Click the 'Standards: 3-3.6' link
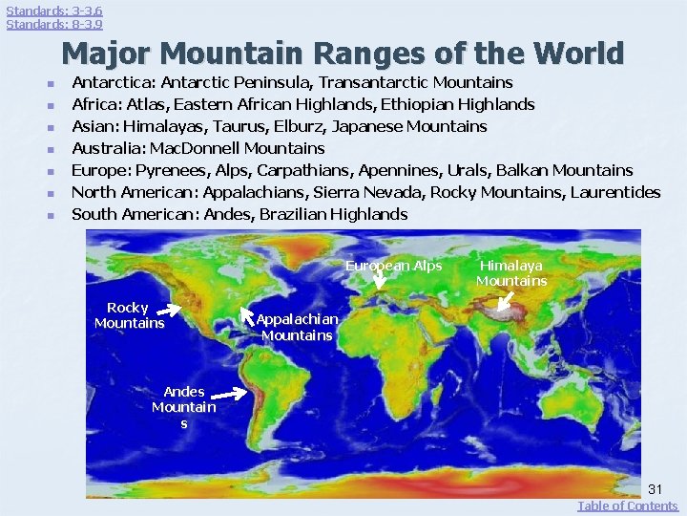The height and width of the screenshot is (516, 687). (54, 10)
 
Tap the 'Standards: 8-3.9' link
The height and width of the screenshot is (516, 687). (54, 24)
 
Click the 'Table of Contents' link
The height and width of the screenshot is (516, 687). (627, 505)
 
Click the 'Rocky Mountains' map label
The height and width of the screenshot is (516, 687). (129, 315)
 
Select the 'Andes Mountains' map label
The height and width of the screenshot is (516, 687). (183, 407)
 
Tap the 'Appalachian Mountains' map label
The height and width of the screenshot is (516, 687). (297, 327)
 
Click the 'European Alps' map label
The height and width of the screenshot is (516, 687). (393, 266)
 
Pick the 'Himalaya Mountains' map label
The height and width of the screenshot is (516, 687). (511, 272)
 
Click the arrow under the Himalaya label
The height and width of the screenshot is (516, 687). (505, 302)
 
